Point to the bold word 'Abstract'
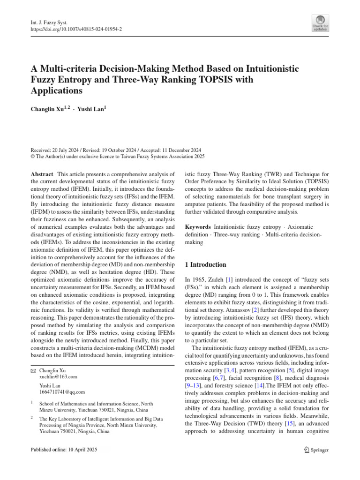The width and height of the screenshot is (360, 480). point(42,173)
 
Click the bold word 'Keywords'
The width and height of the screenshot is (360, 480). point(198,226)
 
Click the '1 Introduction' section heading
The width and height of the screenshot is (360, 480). point(206,265)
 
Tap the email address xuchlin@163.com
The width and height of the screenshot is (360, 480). point(59,376)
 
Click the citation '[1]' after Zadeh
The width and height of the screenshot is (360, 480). point(229,279)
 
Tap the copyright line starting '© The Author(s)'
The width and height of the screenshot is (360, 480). point(118,157)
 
